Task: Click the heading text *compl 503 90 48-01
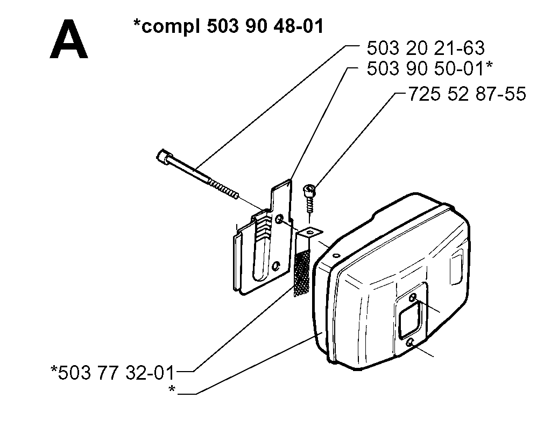(228, 26)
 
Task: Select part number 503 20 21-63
(426, 48)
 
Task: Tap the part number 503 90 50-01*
(430, 68)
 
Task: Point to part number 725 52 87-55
(467, 94)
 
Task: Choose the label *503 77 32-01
(112, 373)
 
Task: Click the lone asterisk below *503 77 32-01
(172, 389)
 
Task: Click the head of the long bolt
(164, 156)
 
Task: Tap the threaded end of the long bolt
(223, 188)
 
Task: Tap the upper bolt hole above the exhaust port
(413, 298)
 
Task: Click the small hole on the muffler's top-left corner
(337, 256)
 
